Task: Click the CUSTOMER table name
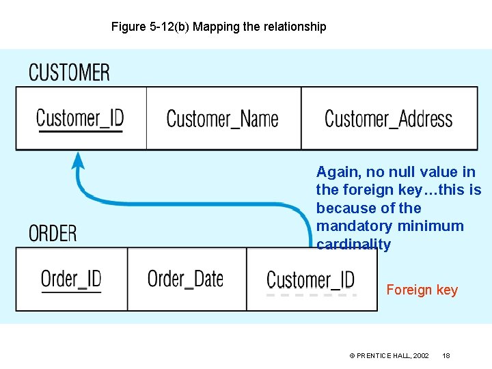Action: (x=69, y=72)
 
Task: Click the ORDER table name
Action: (x=53, y=233)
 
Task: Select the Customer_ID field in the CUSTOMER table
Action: (x=80, y=118)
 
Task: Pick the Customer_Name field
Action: (x=222, y=118)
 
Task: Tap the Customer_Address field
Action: (x=388, y=118)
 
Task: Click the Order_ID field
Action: (x=71, y=278)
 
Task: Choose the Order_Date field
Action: (x=185, y=278)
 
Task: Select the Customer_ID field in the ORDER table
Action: (x=310, y=279)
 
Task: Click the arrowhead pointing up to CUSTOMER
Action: (x=79, y=161)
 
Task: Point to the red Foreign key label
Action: (x=422, y=290)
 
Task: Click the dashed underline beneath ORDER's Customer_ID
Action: (x=311, y=295)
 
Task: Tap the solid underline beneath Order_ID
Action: (x=71, y=292)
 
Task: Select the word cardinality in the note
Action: (x=353, y=244)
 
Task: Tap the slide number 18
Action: (x=446, y=356)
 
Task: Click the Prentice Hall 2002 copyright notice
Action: (x=389, y=356)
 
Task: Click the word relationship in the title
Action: (x=292, y=27)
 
